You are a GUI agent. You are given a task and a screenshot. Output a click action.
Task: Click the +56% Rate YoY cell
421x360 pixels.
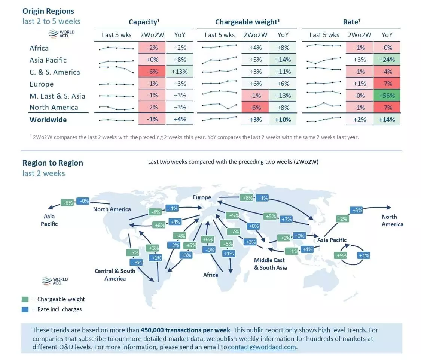point(387,96)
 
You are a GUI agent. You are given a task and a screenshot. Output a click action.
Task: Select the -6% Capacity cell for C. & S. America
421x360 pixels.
point(152,72)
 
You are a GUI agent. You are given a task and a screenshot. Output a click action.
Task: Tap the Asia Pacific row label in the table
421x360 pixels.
point(48,60)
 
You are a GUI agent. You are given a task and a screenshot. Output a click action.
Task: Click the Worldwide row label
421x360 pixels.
point(48,120)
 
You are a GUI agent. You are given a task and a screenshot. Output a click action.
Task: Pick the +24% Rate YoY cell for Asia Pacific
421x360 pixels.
point(387,60)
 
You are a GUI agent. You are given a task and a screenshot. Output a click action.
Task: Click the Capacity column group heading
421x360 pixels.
point(144,22)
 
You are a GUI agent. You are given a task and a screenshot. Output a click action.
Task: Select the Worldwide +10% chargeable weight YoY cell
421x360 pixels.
point(283,120)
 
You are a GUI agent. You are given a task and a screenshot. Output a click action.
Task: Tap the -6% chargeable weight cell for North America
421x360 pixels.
point(255,108)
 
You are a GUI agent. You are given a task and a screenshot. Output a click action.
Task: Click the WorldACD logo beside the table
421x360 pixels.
point(62,34)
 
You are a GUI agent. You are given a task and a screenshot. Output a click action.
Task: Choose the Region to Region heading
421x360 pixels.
point(53,163)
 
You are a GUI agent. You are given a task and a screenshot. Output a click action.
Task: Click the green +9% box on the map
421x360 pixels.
point(341,255)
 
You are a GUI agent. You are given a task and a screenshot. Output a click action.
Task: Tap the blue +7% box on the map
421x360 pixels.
point(286,219)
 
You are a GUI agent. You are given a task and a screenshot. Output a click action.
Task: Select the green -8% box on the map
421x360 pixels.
point(155,212)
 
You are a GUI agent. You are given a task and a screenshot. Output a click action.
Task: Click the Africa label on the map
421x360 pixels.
point(210,275)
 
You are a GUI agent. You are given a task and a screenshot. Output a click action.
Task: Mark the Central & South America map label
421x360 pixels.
point(115,275)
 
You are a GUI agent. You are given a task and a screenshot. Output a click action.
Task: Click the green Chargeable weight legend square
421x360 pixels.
point(25,299)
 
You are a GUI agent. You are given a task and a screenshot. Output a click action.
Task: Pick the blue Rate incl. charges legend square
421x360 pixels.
point(25,309)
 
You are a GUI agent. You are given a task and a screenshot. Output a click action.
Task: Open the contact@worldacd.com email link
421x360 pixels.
point(262,347)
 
